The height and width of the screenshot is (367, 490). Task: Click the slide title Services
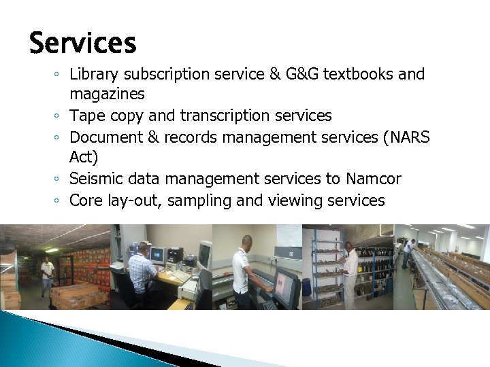(82, 43)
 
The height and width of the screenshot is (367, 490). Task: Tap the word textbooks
(359, 73)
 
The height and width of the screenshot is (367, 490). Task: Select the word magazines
(107, 93)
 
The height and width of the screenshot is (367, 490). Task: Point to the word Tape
(87, 116)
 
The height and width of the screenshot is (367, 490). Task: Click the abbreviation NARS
(406, 137)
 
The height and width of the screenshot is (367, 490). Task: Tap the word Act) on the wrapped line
(84, 158)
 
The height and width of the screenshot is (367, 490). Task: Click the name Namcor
(374, 179)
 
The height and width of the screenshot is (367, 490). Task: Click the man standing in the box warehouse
(47, 276)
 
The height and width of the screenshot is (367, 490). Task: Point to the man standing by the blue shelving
(349, 272)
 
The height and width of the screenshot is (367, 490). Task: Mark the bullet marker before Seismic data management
(59, 179)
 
